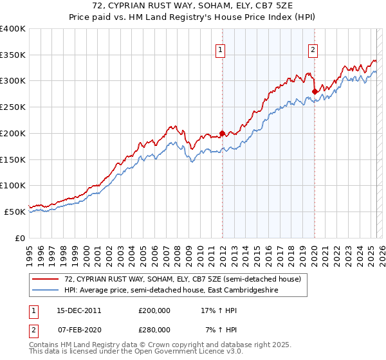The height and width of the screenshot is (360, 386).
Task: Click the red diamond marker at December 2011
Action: click(x=222, y=134)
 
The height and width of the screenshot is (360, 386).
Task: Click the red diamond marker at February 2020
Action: click(x=315, y=91)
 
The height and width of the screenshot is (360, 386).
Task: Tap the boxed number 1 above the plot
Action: click(x=221, y=50)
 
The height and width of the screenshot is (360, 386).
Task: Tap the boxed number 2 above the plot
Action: click(x=313, y=50)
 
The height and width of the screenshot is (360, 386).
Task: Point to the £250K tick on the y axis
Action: click(x=13, y=107)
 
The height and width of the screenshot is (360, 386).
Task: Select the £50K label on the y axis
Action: click(x=15, y=211)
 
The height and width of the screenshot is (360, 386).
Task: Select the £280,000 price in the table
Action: click(x=154, y=329)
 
